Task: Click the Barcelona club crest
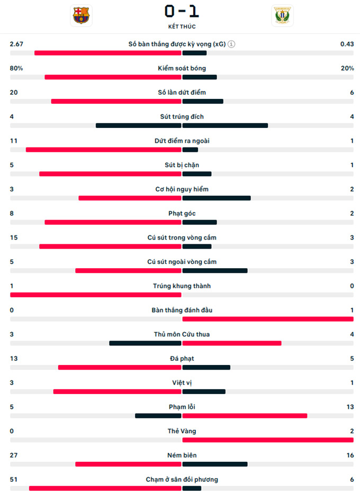pyautogui.click(x=82, y=15)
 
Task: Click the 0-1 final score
pyautogui.click(x=182, y=11)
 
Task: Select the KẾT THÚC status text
pyautogui.click(x=182, y=26)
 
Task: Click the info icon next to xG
pyautogui.click(x=231, y=44)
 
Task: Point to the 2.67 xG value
pyautogui.click(x=17, y=44)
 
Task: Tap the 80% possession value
pyautogui.click(x=16, y=68)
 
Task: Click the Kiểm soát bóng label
pyautogui.click(x=182, y=68)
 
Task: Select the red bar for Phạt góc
pyautogui.click(x=113, y=222)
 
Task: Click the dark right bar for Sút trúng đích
pyautogui.click(x=225, y=125)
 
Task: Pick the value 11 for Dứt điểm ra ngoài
pyautogui.click(x=14, y=141)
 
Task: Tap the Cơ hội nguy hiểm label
pyautogui.click(x=182, y=189)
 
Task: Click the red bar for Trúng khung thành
pyautogui.click(x=96, y=295)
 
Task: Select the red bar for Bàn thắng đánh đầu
pyautogui.click(x=267, y=319)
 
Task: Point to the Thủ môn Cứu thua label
pyautogui.click(x=182, y=334)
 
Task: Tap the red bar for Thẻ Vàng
pyautogui.click(x=267, y=440)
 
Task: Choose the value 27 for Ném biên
pyautogui.click(x=14, y=455)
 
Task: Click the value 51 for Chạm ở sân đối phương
pyautogui.click(x=14, y=479)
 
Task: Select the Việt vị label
pyautogui.click(x=182, y=382)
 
